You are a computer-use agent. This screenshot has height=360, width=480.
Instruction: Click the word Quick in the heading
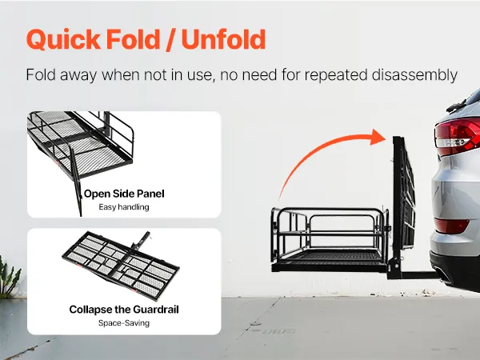click(x=63, y=39)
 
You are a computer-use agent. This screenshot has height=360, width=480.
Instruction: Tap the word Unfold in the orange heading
click(x=223, y=39)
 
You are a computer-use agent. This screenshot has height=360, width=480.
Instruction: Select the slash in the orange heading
click(x=171, y=40)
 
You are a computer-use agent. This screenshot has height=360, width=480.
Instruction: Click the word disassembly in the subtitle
click(x=414, y=75)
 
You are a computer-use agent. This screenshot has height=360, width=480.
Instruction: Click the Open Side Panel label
click(x=124, y=194)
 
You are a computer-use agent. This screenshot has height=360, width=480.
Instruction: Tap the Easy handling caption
click(x=124, y=207)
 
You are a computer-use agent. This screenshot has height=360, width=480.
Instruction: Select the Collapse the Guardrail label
click(x=124, y=309)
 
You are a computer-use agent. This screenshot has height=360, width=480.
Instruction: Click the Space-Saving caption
click(x=124, y=323)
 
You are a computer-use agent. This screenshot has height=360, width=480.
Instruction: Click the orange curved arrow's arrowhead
click(x=378, y=137)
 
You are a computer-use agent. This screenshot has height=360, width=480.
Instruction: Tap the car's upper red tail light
click(x=458, y=136)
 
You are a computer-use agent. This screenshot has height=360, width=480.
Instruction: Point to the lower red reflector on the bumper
click(x=451, y=226)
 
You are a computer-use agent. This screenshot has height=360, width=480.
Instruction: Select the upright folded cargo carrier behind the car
click(x=403, y=196)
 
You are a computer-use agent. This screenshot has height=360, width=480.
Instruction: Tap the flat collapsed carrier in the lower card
click(x=121, y=266)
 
